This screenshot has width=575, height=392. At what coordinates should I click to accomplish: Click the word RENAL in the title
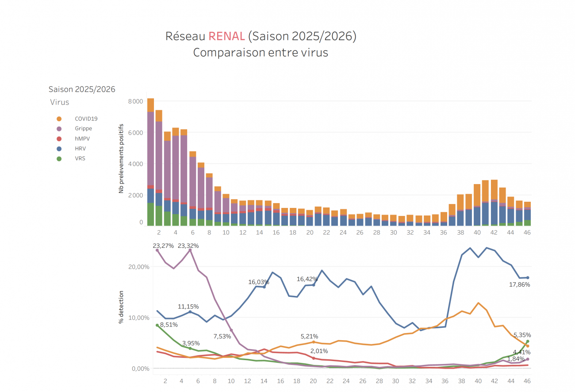pyautogui.click(x=226, y=36)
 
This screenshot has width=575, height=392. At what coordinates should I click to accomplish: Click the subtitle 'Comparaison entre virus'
pyautogui.click(x=261, y=53)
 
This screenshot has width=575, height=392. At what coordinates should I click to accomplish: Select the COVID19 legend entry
pyautogui.click(x=86, y=119)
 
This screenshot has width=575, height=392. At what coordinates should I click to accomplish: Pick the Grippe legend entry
pyautogui.click(x=83, y=129)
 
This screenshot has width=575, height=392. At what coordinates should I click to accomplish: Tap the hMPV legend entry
pyautogui.click(x=82, y=138)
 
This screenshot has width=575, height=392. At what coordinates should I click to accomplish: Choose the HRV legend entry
pyautogui.click(x=80, y=149)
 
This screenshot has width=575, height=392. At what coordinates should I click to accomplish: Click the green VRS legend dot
pyautogui.click(x=59, y=158)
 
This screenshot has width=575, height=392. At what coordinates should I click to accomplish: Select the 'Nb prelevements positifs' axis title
pyautogui.click(x=121, y=158)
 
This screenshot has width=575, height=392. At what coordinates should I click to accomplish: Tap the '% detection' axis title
pyautogui.click(x=121, y=307)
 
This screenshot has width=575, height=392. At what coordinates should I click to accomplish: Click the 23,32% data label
pyautogui.click(x=188, y=246)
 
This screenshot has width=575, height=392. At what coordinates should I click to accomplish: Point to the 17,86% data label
pyautogui.click(x=519, y=284)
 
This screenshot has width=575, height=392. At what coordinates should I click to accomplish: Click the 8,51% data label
pyautogui.click(x=169, y=325)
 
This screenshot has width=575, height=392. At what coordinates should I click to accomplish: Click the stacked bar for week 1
pyautogui.click(x=151, y=162)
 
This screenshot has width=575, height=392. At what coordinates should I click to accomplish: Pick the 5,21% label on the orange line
pyautogui.click(x=309, y=337)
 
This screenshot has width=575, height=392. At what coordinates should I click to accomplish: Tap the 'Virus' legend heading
pyautogui.click(x=60, y=102)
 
